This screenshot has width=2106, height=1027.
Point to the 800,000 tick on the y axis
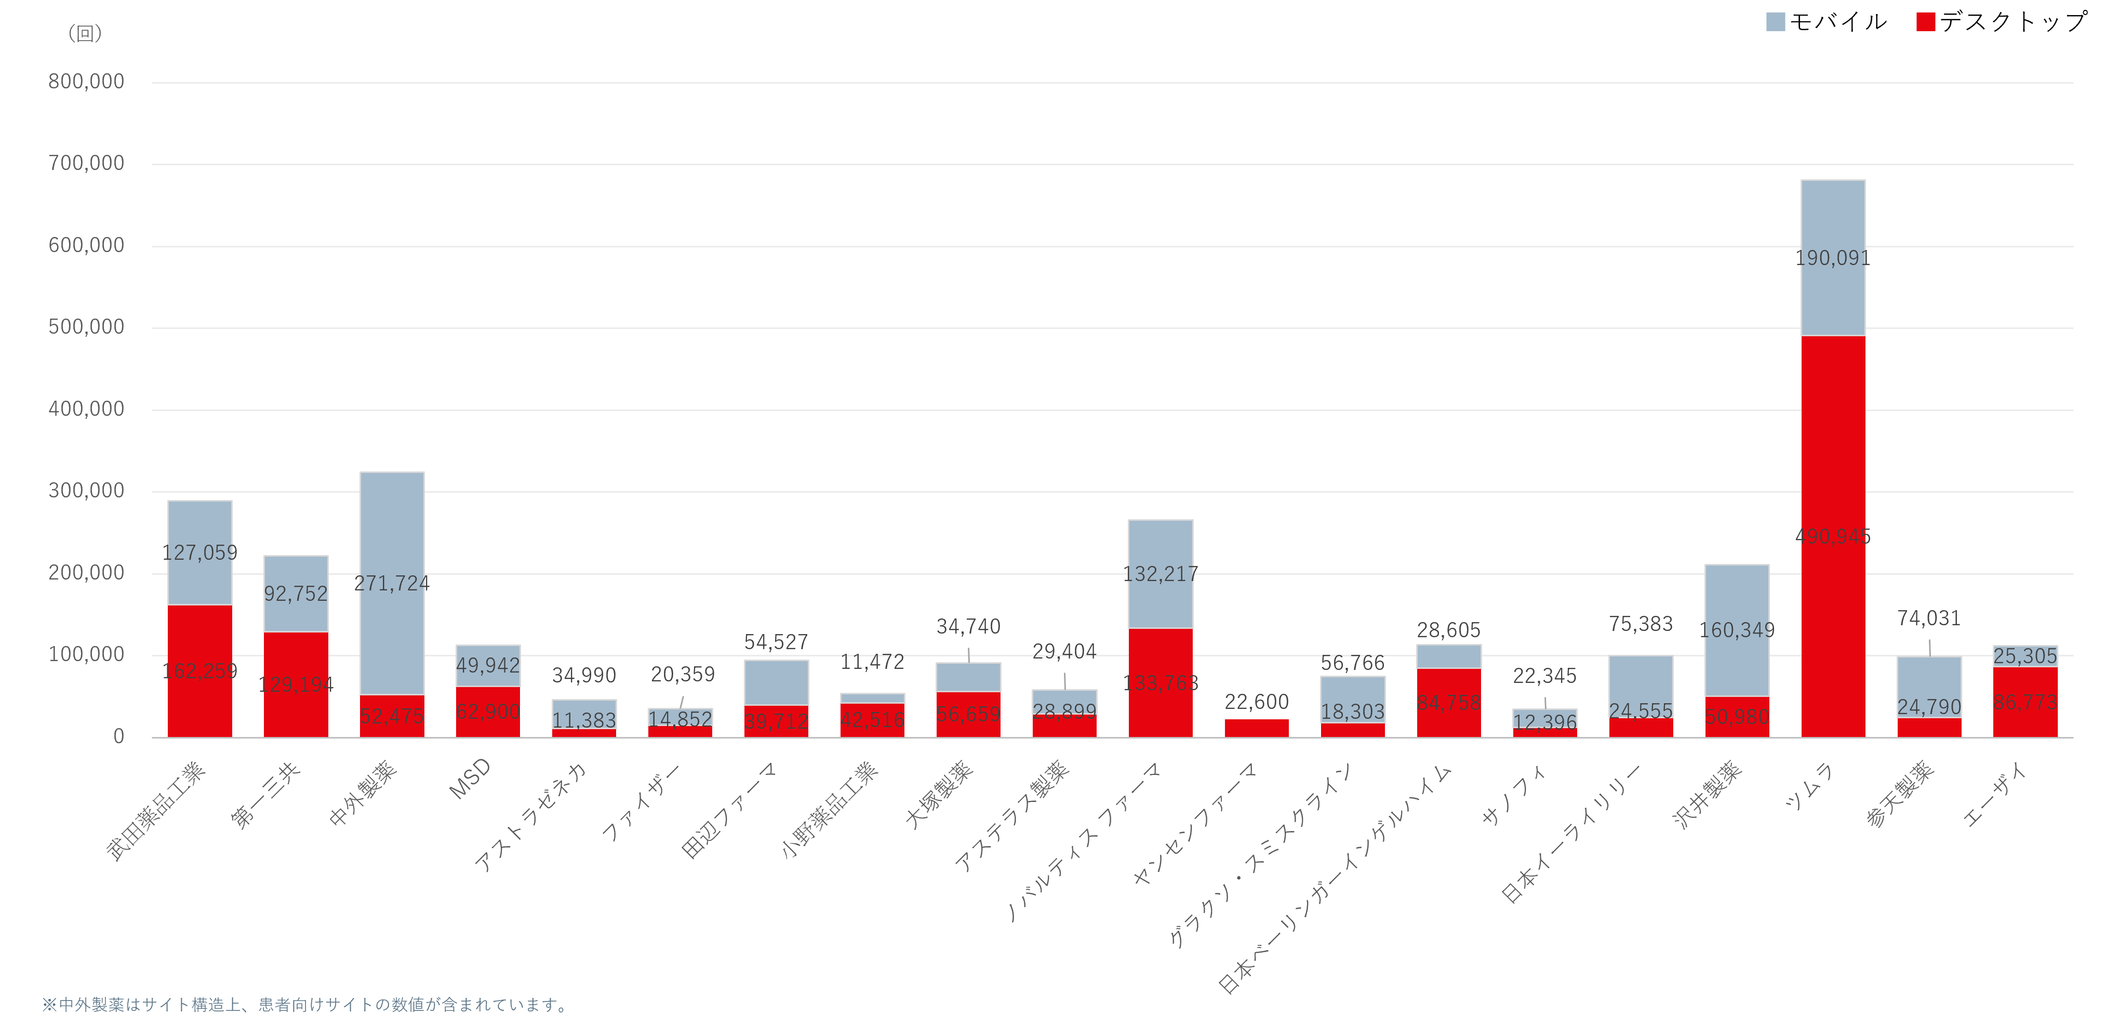coord(87,82)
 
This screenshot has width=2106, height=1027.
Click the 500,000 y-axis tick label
coord(87,327)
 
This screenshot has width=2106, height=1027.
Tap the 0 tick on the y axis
coord(118,736)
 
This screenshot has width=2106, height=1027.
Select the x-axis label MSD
coord(470,779)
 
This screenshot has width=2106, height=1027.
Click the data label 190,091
coord(1833,258)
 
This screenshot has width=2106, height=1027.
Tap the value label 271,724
coord(392,584)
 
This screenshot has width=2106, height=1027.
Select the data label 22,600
coord(1257,702)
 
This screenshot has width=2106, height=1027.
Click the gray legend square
coord(1776,22)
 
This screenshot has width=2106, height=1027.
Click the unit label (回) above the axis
coord(85,33)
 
